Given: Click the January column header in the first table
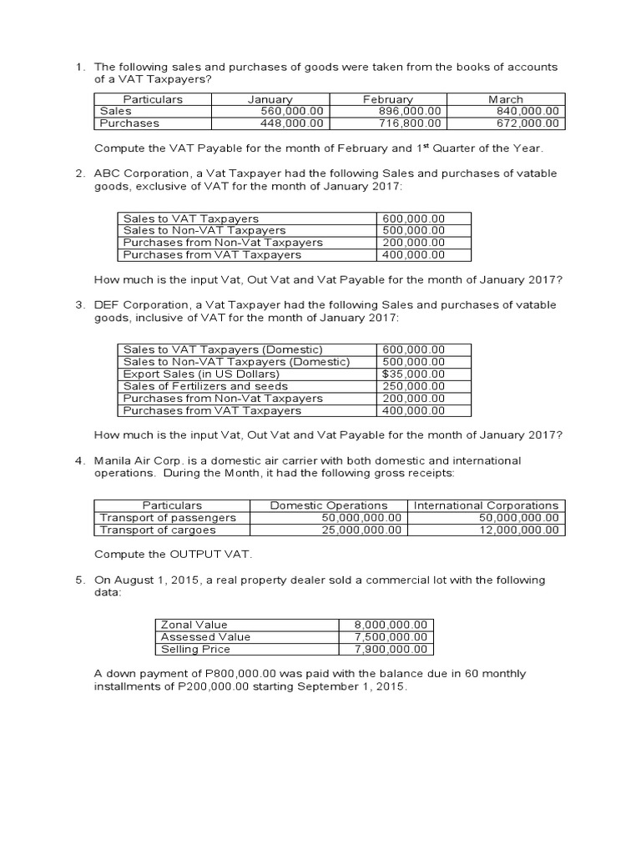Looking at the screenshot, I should pyautogui.click(x=270, y=99).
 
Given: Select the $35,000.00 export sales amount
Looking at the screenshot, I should pyautogui.click(x=413, y=374).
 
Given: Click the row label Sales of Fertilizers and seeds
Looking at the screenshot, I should pyautogui.click(x=205, y=386).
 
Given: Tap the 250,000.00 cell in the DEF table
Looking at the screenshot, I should pyautogui.click(x=413, y=386).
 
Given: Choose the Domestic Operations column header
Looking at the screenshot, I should pyautogui.click(x=329, y=505).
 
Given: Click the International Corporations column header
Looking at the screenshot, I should pyautogui.click(x=487, y=505).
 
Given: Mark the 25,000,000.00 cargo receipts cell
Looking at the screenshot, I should pyautogui.click(x=362, y=530).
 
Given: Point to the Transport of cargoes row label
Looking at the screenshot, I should pyautogui.click(x=158, y=530).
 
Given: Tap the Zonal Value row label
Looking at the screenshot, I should pyautogui.click(x=194, y=625).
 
